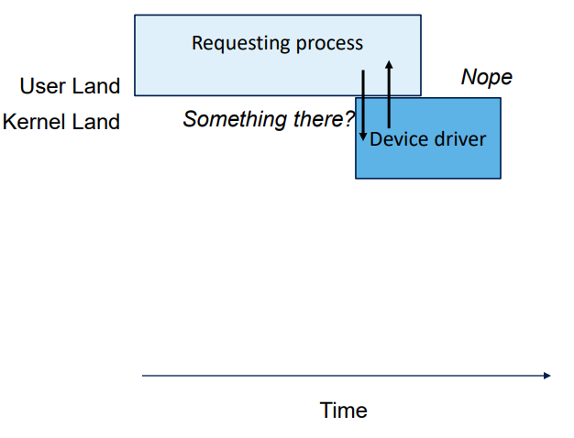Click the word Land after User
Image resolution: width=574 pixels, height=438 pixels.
point(97,86)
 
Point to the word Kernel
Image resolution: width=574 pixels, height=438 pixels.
point(34,122)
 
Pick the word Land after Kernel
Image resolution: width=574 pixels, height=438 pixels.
point(97,122)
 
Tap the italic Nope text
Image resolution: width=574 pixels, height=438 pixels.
point(486,77)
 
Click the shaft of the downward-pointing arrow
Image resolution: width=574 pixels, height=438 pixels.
point(364,101)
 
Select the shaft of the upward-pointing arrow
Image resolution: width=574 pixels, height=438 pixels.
point(389,96)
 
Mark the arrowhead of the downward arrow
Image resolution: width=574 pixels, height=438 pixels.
point(364,137)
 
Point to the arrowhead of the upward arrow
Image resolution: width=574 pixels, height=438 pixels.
point(389,64)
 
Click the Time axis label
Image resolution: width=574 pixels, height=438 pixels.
point(344,411)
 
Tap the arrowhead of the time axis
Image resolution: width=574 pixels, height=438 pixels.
point(546,376)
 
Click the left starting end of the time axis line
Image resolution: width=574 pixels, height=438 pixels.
point(144,376)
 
